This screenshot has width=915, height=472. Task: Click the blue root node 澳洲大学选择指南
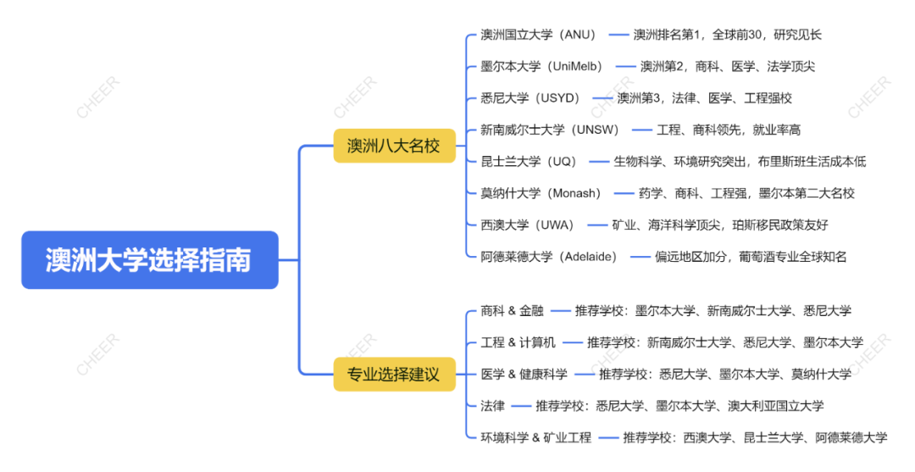pyautogui.click(x=149, y=259)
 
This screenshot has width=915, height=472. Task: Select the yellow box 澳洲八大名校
pyautogui.click(x=394, y=146)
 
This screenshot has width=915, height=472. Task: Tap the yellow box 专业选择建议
pyautogui.click(x=394, y=374)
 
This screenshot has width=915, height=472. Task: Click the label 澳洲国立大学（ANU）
pyautogui.click(x=539, y=35)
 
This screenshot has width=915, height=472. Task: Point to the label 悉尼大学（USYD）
pyautogui.click(x=530, y=98)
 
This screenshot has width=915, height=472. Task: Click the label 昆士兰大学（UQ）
pyautogui.click(x=528, y=161)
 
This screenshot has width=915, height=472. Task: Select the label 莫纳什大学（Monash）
pyautogui.click(x=541, y=193)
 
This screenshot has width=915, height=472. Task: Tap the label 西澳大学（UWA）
pyautogui.click(x=527, y=225)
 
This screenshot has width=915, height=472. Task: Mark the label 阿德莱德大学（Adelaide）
pyautogui.click(x=549, y=257)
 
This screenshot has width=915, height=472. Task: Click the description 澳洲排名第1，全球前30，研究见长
pyautogui.click(x=728, y=35)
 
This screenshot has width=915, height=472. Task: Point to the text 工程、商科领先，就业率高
pyautogui.click(x=729, y=130)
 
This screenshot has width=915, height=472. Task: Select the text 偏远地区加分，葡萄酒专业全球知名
pyautogui.click(x=751, y=257)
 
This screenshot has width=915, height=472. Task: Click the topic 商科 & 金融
pyautogui.click(x=512, y=311)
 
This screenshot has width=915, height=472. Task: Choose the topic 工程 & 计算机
pyautogui.click(x=518, y=342)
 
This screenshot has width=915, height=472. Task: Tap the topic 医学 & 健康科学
pyautogui.click(x=524, y=374)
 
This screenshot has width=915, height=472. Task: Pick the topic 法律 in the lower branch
pyautogui.click(x=492, y=406)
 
